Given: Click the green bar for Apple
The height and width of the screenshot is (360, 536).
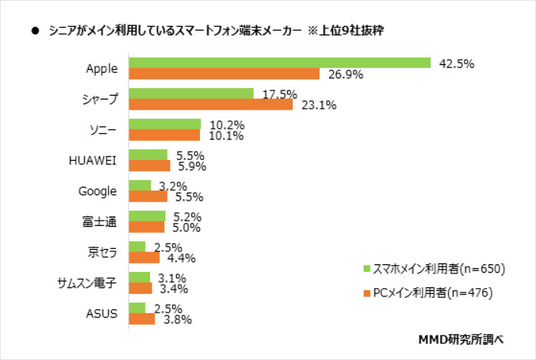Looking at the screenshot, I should pos(280,63).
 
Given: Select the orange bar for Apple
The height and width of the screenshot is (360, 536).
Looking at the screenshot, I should pos(224,74).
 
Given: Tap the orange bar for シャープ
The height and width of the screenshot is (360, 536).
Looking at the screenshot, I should pos(211,104).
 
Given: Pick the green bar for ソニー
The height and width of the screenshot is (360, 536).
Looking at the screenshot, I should pos(165,124).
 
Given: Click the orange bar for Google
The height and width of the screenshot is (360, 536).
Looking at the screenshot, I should pos(148,196).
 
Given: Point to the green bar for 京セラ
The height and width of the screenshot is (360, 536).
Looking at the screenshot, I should pos(137,247).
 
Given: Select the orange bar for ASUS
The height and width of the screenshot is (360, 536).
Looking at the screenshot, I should pos(142,319).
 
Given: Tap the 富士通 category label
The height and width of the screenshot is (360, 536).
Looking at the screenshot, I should pos(102,221).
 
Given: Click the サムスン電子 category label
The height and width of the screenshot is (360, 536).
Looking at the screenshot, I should pos(87,283).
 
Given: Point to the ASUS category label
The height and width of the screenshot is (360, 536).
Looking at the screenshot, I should pos(101,313).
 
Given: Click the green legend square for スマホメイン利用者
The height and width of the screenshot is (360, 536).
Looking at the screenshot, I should pos(367,269).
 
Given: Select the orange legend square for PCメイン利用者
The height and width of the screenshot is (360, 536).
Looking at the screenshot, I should pos(367,292).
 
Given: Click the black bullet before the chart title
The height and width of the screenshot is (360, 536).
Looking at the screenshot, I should pos(35,31).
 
